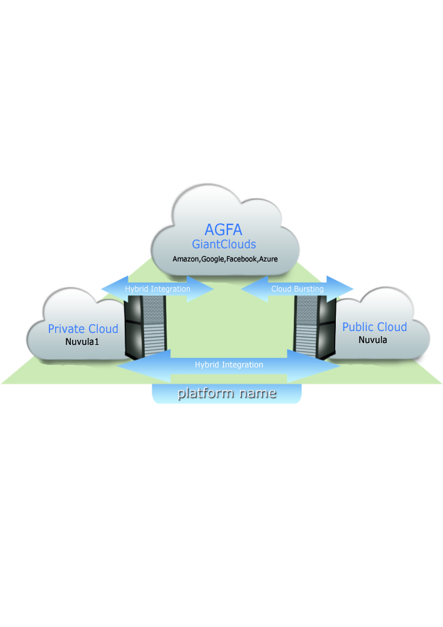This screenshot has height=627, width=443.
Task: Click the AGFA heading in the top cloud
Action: (224, 229)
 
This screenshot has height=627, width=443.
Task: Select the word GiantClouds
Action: (224, 244)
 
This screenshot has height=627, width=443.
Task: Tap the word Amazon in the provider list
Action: (186, 258)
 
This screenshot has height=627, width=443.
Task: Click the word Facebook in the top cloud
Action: (242, 258)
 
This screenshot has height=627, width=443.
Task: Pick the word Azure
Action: (269, 258)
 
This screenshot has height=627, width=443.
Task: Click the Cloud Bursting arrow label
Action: (298, 289)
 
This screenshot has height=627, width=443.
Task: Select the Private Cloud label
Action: (83, 329)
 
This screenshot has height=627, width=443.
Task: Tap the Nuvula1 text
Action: (83, 342)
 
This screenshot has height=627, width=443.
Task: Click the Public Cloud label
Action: (374, 327)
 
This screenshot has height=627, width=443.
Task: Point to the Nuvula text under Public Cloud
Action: (372, 340)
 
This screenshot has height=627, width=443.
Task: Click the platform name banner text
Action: (227, 394)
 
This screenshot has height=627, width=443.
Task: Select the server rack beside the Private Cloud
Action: (147, 326)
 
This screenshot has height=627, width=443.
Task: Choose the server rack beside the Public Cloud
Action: (311, 326)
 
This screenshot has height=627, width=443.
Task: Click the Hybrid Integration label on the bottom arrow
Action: (229, 364)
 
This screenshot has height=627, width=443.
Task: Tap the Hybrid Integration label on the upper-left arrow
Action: (157, 289)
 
